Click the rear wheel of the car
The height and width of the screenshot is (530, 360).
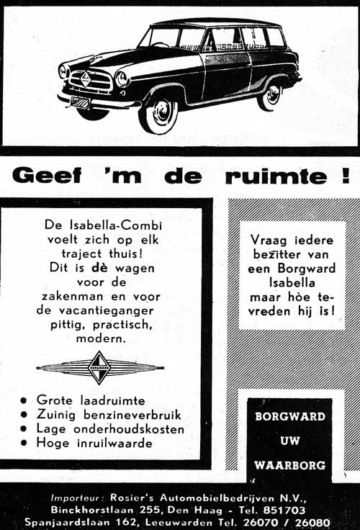click(x=270, y=94)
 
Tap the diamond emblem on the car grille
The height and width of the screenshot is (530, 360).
click(x=85, y=78)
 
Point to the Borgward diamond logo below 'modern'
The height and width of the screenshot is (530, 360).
click(x=99, y=368)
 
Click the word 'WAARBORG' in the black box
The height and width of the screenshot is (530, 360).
click(x=290, y=464)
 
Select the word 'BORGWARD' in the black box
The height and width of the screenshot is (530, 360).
click(x=290, y=417)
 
